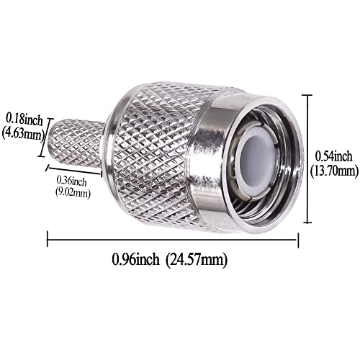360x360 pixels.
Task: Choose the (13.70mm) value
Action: (x=336, y=171)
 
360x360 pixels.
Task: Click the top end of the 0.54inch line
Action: (x=310, y=95)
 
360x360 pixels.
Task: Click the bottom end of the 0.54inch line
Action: (x=310, y=224)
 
